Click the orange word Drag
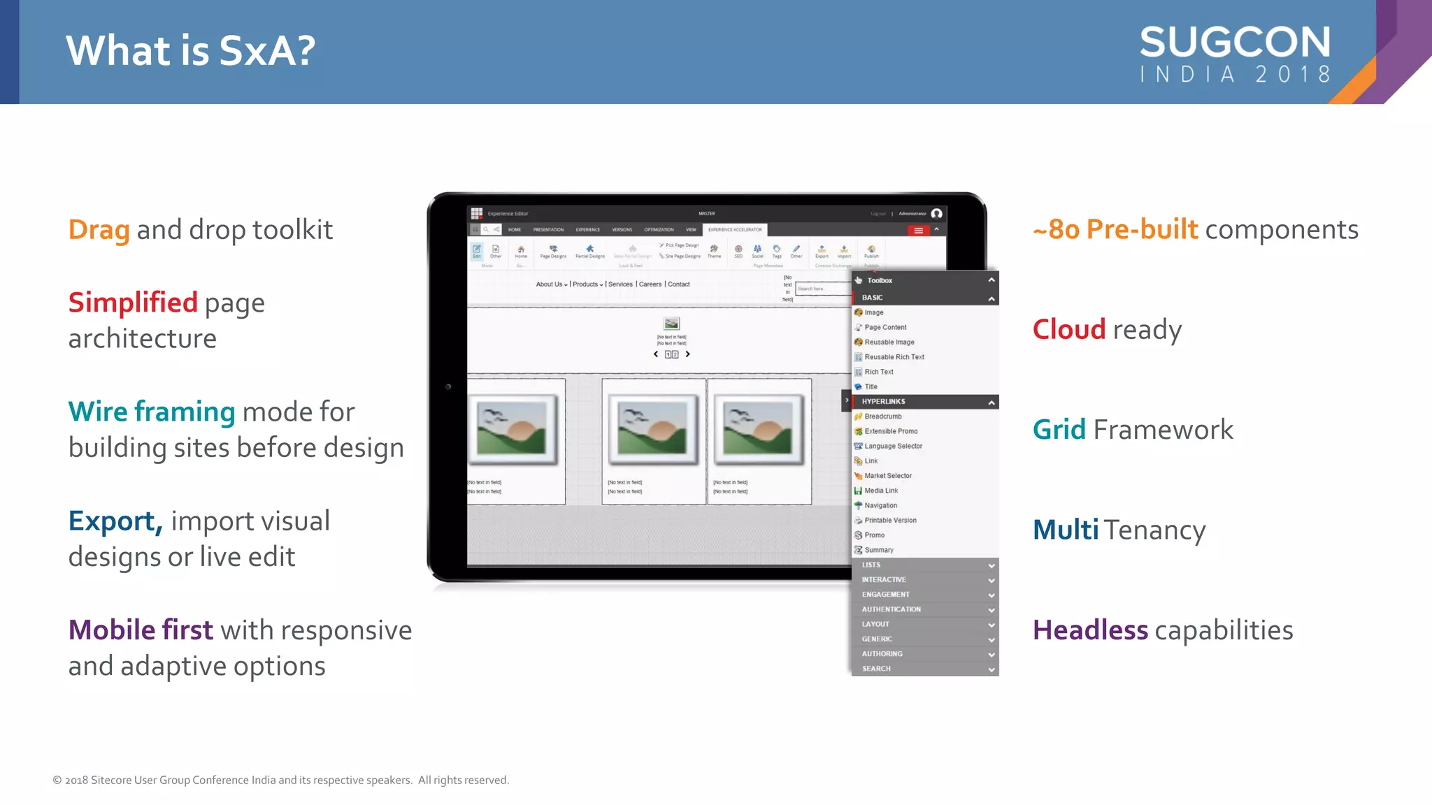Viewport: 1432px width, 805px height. click(x=99, y=230)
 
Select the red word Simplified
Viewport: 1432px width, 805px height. click(x=133, y=303)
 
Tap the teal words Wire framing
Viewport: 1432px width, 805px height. click(x=151, y=412)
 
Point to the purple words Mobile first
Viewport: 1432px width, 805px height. click(x=140, y=630)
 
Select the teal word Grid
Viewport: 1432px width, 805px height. click(x=1059, y=430)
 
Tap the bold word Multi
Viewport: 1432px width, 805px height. click(x=1066, y=530)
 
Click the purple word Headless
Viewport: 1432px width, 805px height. click(x=1089, y=630)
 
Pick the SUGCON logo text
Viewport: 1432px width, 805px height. click(x=1235, y=43)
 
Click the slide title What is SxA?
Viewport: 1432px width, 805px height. click(x=190, y=51)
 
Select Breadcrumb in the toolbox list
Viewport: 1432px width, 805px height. click(x=882, y=416)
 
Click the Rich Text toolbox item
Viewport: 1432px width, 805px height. click(x=878, y=372)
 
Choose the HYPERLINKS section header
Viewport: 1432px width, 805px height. click(x=883, y=402)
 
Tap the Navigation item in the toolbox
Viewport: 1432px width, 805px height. click(x=880, y=505)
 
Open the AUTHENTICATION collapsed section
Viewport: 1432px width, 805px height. click(x=891, y=609)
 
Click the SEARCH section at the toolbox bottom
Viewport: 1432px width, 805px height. click(x=876, y=669)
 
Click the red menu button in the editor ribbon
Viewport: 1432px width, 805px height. click(x=918, y=231)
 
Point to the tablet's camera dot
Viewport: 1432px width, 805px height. click(x=448, y=386)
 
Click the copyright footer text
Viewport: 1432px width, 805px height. click(x=281, y=780)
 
